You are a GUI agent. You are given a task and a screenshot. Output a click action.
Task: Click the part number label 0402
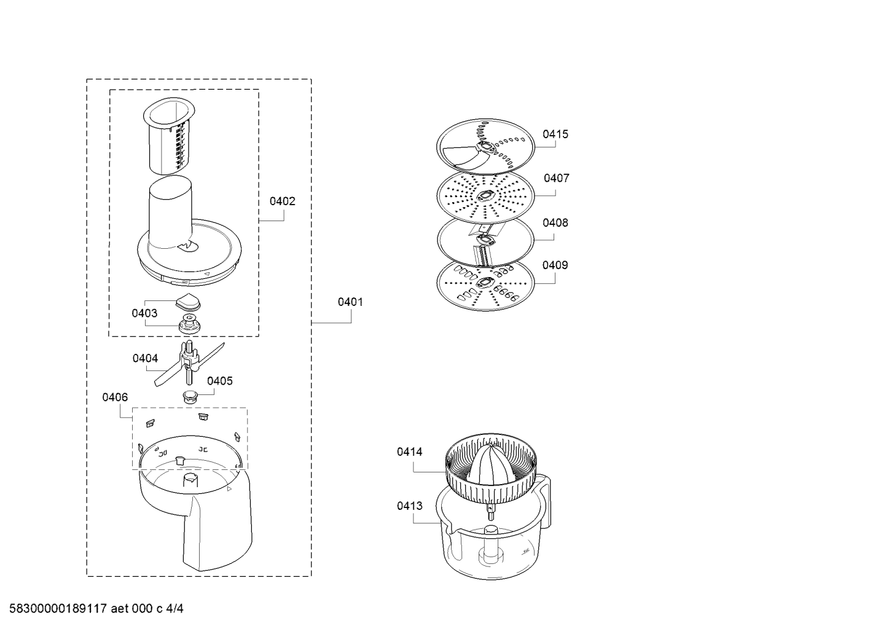283,201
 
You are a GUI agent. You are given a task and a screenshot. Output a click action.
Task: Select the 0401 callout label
350,302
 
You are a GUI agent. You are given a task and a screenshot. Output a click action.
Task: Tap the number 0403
144,313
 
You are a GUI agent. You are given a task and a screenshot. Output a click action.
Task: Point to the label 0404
145,358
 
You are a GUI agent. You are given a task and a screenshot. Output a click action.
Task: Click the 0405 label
220,381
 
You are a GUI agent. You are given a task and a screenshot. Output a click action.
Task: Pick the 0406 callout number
115,397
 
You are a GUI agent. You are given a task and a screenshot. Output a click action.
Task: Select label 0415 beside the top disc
555,134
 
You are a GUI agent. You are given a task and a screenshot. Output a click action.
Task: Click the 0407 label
557,178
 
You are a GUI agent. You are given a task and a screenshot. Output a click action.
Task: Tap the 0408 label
555,222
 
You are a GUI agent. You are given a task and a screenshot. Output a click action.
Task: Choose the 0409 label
555,265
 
